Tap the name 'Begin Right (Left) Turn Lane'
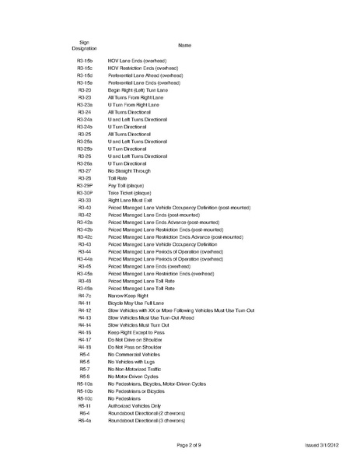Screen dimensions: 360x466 click(138, 89)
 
